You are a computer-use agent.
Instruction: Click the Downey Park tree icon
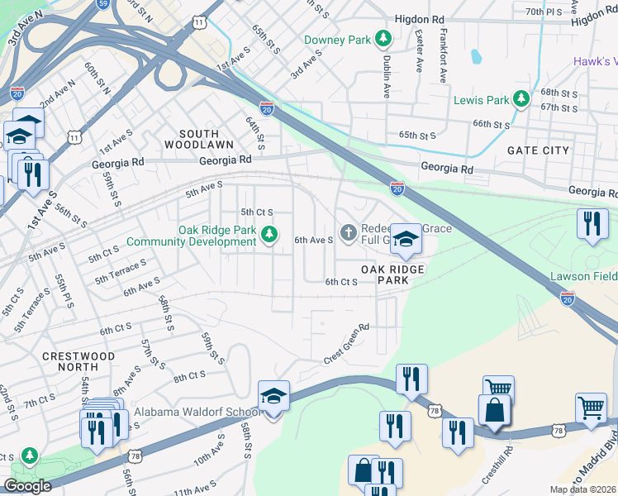tap(383, 39)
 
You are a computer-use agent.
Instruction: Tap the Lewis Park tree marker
tap(521, 100)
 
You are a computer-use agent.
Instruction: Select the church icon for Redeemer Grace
tap(348, 234)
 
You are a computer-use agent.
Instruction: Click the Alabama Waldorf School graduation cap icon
tap(273, 397)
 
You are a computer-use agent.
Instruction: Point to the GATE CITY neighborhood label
tap(538, 150)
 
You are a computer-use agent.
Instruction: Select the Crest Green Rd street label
tap(345, 344)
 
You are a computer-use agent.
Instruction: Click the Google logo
tap(27, 486)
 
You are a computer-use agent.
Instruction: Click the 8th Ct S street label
tap(188, 374)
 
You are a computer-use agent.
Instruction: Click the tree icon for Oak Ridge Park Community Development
tap(269, 235)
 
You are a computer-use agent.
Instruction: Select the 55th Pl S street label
tap(60, 293)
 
